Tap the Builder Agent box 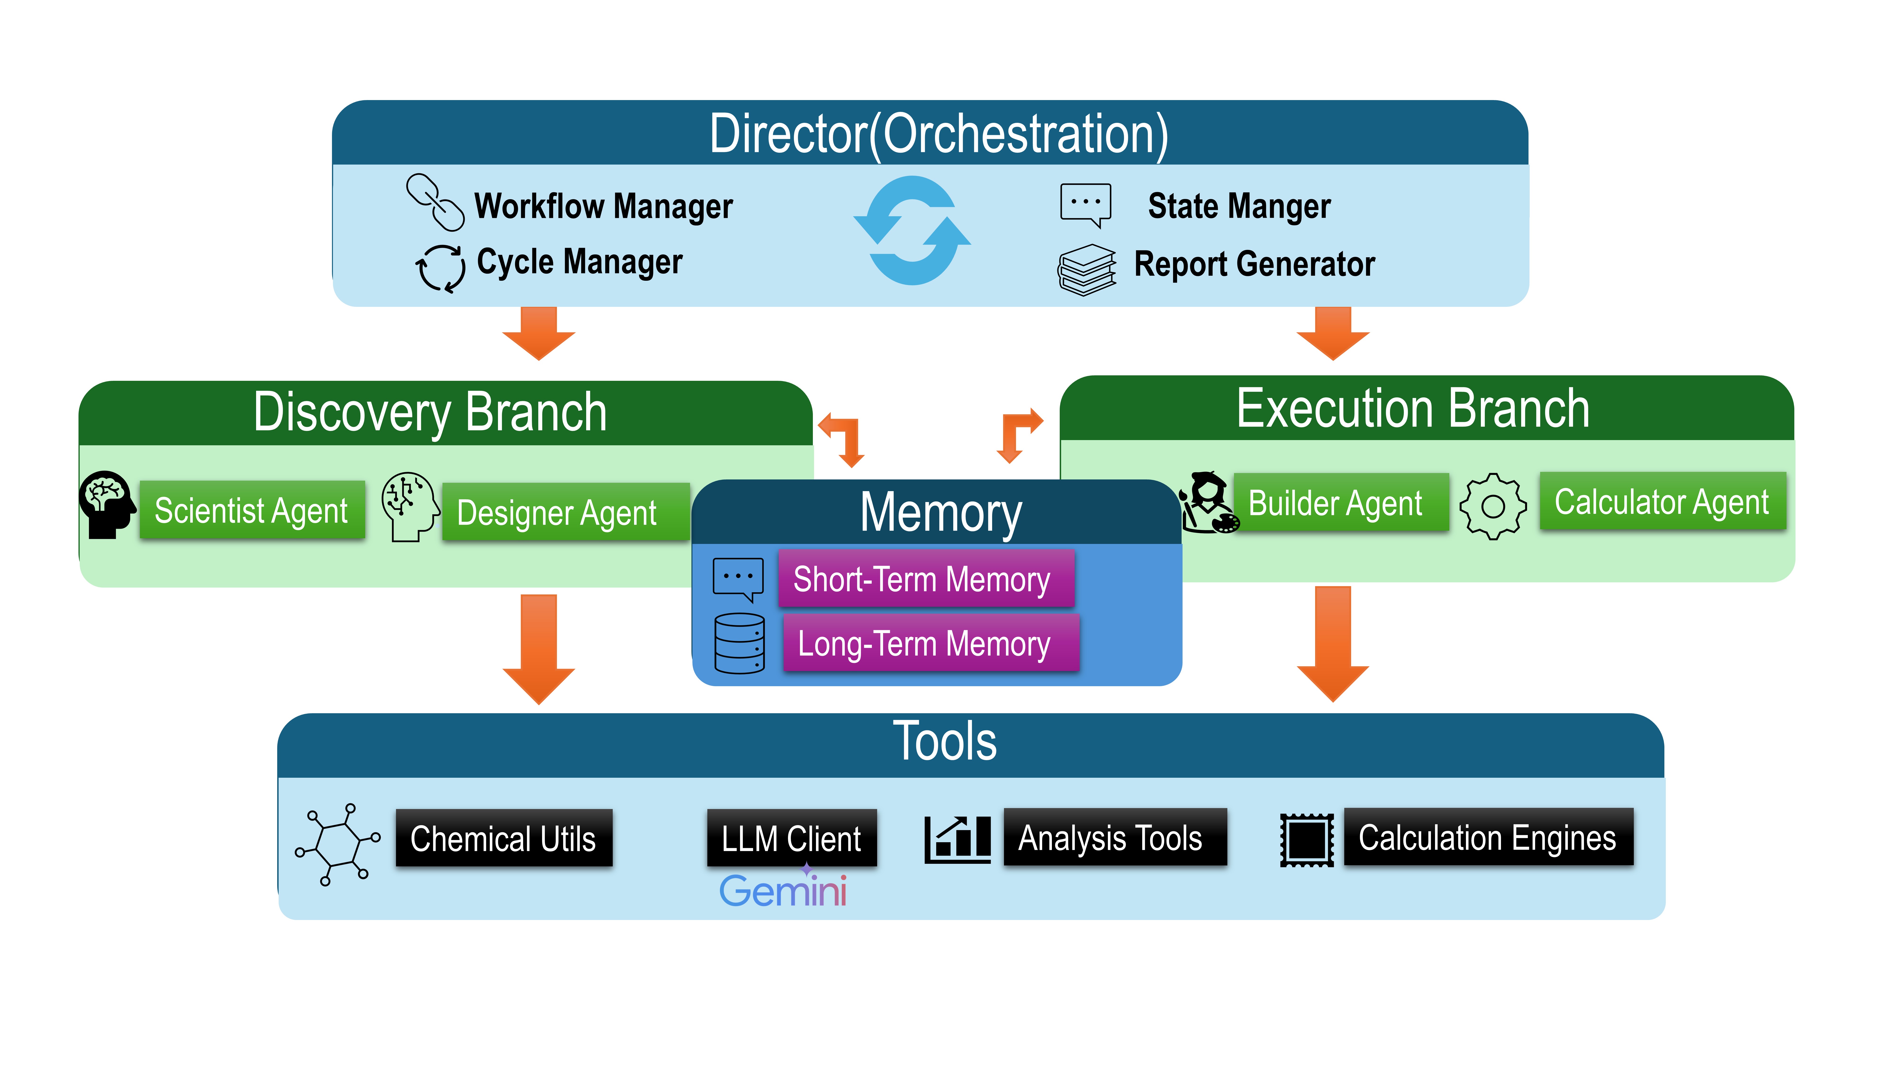coord(1340,503)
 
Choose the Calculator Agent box coord(1662,501)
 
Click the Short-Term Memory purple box coord(926,579)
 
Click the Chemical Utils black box coord(504,838)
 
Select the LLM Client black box coord(792,838)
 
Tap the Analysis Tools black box coord(1114,837)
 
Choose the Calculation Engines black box coord(1487,837)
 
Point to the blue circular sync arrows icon coord(912,230)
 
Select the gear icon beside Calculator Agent coord(1493,506)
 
